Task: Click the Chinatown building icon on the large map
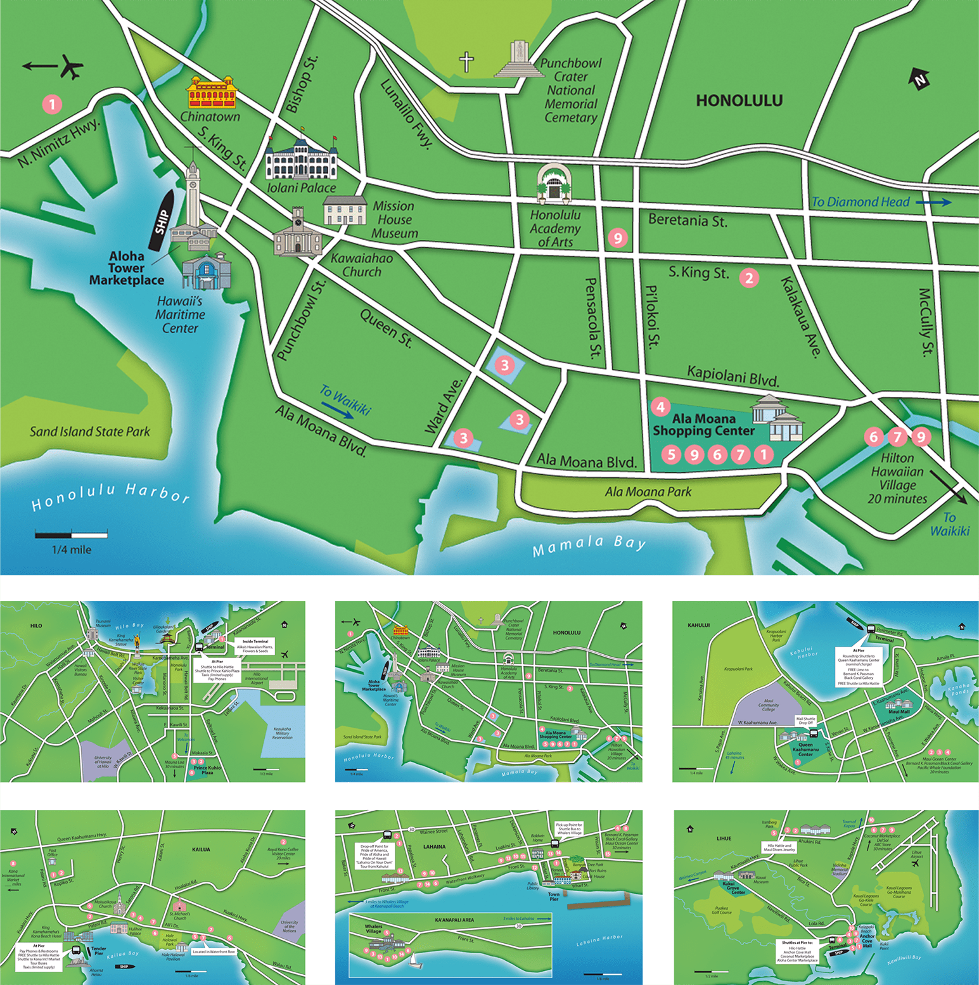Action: point(212,93)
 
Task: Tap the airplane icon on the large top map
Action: point(72,67)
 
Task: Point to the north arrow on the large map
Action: point(919,79)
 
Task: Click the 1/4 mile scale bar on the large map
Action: point(71,534)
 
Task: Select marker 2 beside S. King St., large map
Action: point(749,278)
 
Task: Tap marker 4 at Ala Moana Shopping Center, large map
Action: point(660,407)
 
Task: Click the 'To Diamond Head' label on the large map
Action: point(861,202)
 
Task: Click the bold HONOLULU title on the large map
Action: point(739,100)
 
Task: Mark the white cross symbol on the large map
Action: point(466,62)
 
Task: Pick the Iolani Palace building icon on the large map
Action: point(300,158)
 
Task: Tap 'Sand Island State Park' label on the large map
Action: point(90,432)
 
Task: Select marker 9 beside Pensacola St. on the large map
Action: point(617,238)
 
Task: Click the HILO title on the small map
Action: point(36,626)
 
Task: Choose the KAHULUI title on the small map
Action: point(698,625)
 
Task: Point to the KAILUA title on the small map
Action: point(201,849)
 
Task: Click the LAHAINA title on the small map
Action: point(434,847)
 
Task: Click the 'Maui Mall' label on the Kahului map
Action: point(899,711)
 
